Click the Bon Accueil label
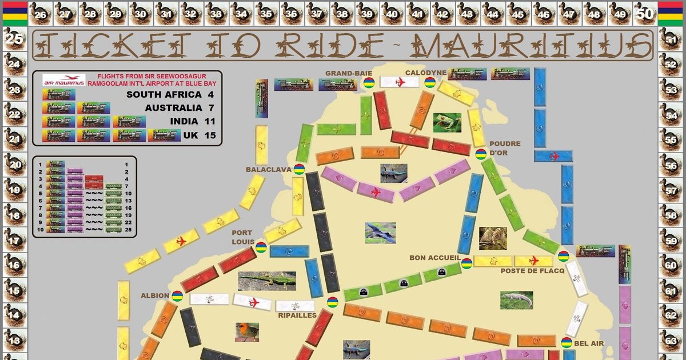point(435,258)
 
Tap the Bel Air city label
point(589,343)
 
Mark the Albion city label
point(155,296)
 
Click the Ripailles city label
point(297,315)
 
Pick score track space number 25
point(14,39)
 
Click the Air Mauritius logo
point(64,80)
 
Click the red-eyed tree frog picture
point(446,122)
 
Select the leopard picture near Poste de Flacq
point(492,238)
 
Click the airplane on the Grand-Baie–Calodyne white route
point(400,82)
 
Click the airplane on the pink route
point(375,191)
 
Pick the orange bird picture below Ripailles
point(247,332)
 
